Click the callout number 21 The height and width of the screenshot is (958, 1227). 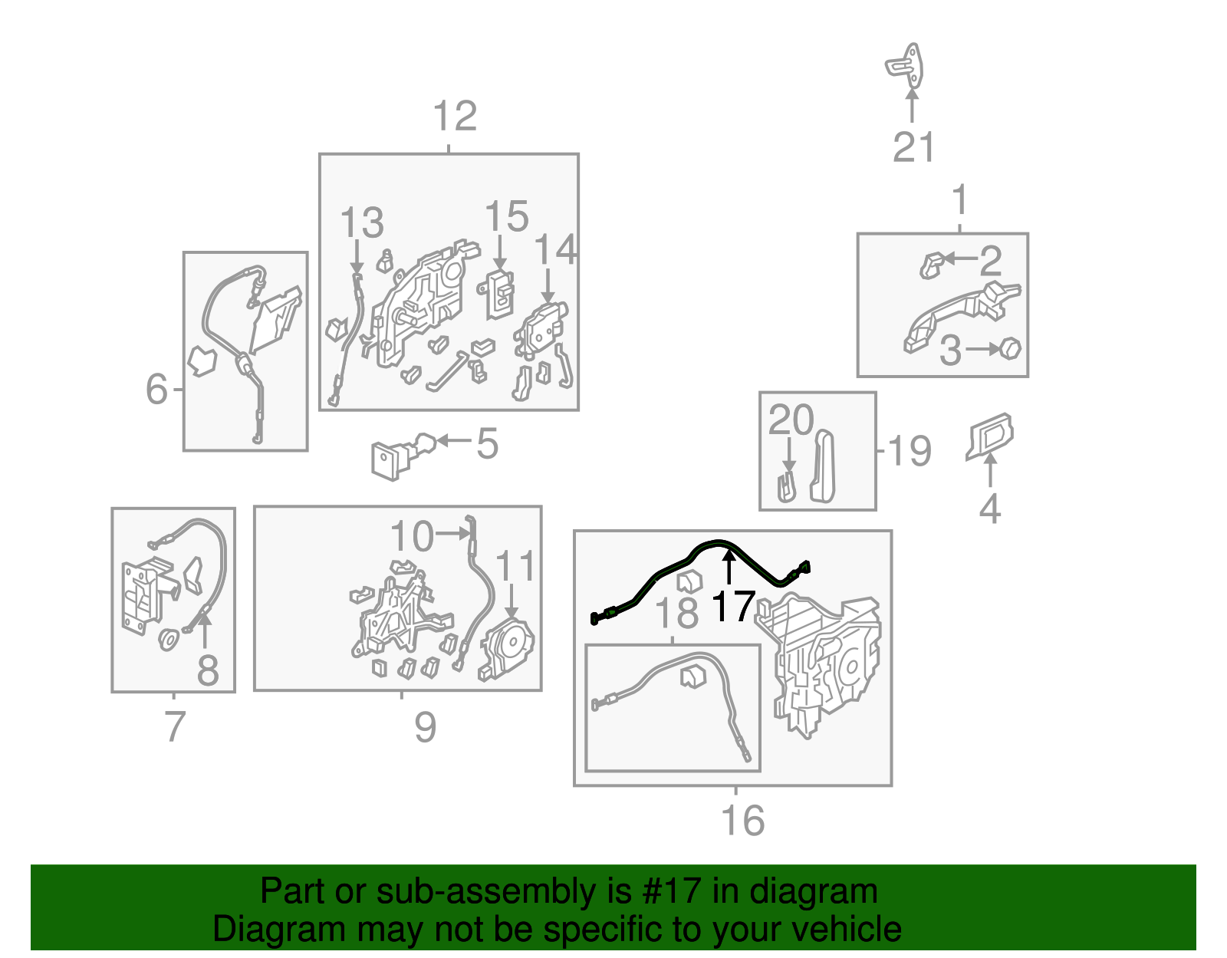coord(913,147)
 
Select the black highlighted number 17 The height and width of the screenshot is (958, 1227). coord(733,606)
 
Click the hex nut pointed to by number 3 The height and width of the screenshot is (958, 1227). coord(1010,348)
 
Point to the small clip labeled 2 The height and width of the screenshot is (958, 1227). coord(932,266)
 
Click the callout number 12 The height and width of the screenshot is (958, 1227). coord(455,117)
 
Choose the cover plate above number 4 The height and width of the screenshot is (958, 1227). coord(989,436)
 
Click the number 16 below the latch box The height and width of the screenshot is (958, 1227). coord(743,820)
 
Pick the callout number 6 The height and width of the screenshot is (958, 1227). coord(157,389)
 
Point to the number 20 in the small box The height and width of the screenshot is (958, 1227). coord(791,420)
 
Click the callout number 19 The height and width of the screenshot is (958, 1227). coord(910,451)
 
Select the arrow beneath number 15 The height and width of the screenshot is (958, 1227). coord(500,252)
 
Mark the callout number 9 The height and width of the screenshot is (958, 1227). coord(425,727)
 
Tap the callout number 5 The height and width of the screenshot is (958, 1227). coord(487,443)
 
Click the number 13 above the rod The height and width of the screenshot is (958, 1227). coord(362,222)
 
